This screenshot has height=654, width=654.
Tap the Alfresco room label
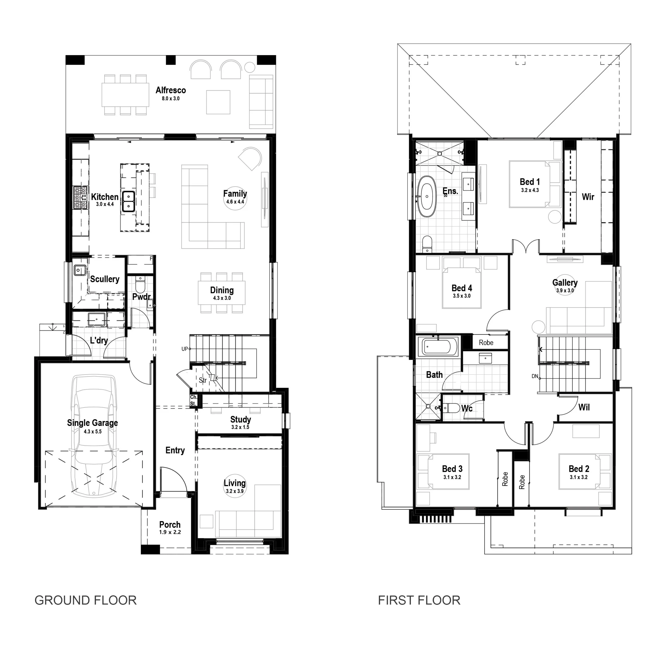pos(171,90)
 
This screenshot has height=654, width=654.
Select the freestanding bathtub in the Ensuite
pos(427,196)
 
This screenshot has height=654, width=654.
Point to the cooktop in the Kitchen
pos(80,198)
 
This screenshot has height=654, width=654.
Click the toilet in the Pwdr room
pos(140,285)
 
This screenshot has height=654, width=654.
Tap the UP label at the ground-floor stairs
pos(185,349)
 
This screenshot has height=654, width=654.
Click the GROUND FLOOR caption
pos(86,600)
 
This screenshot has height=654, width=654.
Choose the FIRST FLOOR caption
pos(419,600)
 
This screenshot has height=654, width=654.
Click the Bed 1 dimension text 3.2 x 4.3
pos(530,190)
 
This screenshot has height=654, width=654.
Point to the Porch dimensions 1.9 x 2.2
pos(170,532)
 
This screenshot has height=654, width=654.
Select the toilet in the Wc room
pos(450,408)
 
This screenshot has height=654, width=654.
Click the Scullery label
pos(104,279)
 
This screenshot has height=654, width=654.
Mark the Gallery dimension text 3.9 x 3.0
pos(565,290)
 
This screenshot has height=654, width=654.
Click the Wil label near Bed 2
pos(584,407)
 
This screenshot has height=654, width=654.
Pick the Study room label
pos(241,420)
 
